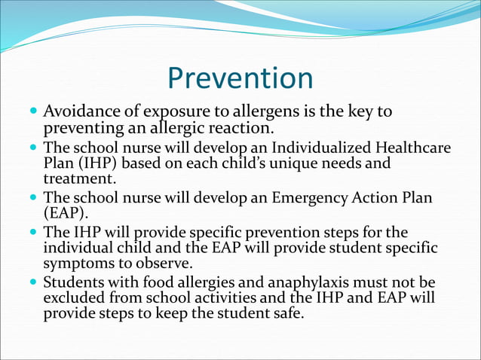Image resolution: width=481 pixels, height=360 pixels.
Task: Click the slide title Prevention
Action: click(x=240, y=78)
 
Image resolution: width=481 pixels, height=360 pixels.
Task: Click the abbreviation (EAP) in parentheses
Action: click(x=66, y=213)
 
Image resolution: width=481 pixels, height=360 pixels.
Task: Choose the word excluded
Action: click(x=74, y=299)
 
